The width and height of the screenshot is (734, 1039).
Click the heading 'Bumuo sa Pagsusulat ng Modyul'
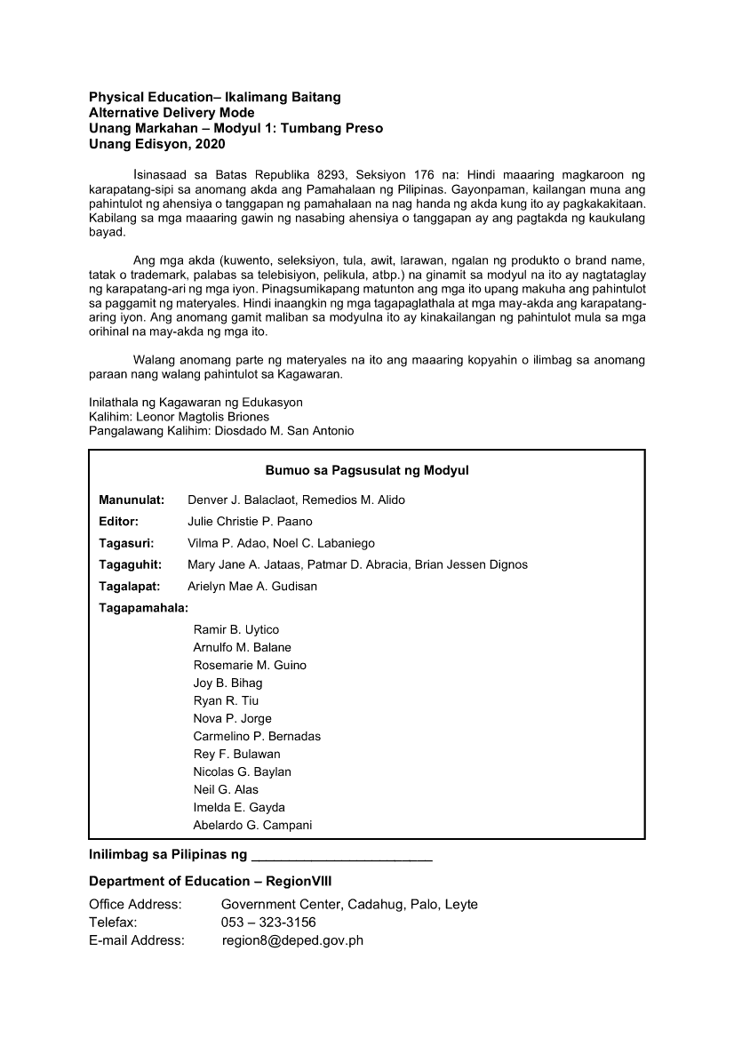point(366,470)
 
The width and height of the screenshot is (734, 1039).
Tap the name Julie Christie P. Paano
point(250,522)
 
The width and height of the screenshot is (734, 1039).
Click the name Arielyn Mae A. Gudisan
point(252,587)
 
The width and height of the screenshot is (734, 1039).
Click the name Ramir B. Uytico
point(235,630)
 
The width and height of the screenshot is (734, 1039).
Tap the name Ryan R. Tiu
point(226,701)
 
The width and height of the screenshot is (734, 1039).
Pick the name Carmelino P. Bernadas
point(257,737)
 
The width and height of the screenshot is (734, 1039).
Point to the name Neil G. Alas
point(226,790)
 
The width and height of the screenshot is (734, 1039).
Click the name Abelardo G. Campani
point(252,826)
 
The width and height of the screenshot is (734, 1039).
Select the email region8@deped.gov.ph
point(292,940)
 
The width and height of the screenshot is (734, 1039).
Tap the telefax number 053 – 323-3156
point(268,923)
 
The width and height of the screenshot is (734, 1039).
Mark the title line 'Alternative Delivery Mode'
point(172,113)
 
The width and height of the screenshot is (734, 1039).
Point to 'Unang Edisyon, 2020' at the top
point(151,144)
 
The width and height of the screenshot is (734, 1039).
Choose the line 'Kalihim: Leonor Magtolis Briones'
point(179,417)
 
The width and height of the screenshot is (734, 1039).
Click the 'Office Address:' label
point(135,905)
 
